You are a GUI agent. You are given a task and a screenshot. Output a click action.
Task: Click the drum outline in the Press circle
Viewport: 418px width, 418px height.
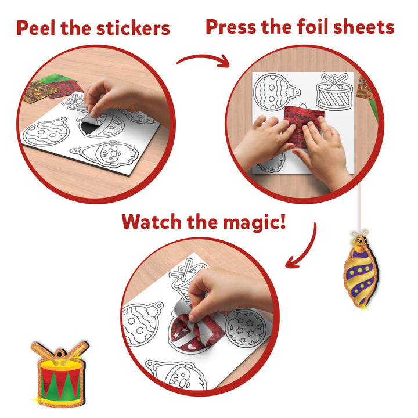coord(333,93)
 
